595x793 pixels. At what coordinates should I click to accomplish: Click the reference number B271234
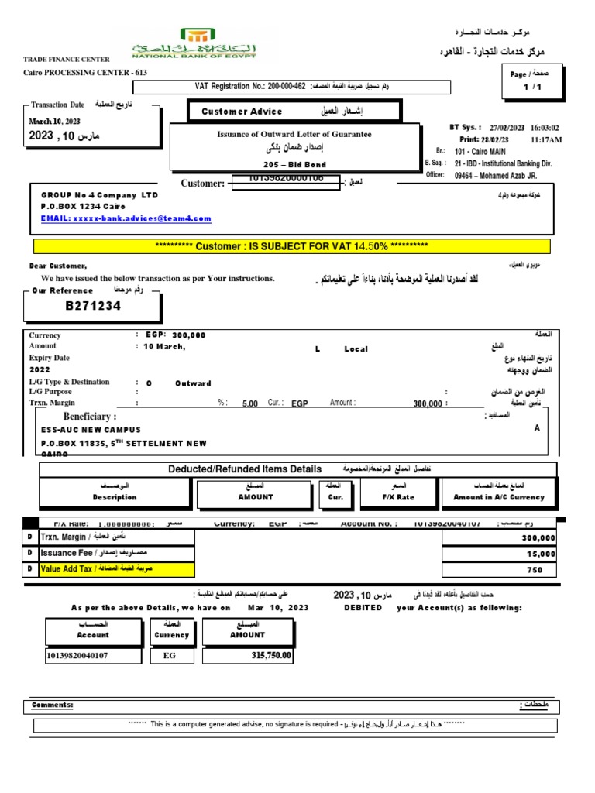[x=93, y=306]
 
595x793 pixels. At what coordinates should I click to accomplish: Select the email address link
[x=126, y=218]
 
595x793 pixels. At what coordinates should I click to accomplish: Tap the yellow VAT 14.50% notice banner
[x=291, y=246]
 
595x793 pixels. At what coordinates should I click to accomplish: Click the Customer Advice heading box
[x=294, y=112]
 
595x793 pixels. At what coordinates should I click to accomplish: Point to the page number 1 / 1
[x=534, y=88]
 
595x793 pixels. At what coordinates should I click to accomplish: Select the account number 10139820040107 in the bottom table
[x=77, y=656]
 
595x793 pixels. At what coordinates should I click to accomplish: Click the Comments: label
[x=52, y=705]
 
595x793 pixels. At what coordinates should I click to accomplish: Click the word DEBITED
[x=363, y=608]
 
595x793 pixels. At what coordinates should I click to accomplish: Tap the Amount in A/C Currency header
[x=498, y=492]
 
